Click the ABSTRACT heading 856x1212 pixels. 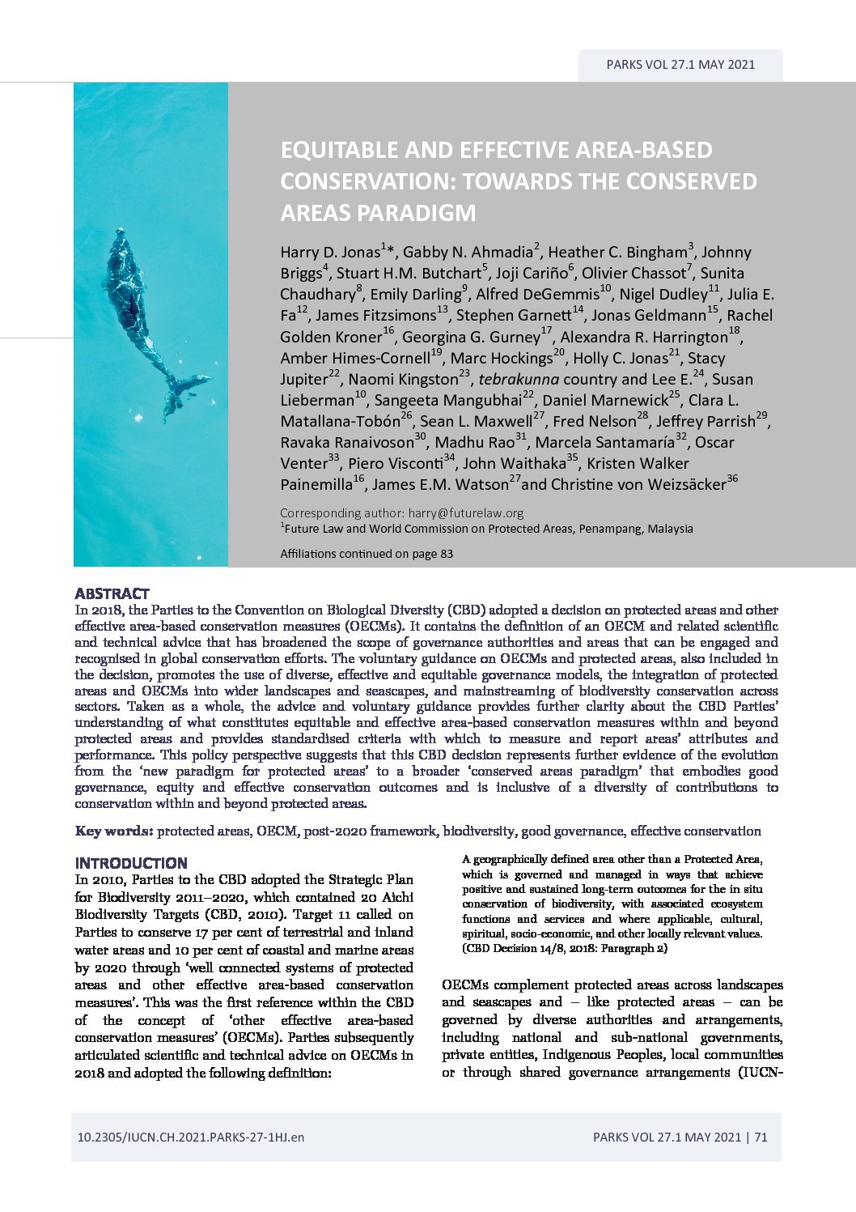coord(112,593)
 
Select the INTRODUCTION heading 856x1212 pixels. coord(131,863)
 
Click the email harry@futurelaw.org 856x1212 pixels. coord(465,512)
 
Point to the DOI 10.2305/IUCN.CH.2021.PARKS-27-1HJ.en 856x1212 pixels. coord(191,1137)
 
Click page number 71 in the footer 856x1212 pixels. coord(761,1137)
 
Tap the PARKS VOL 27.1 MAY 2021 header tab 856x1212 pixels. coord(680,65)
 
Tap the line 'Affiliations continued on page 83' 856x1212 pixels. coord(367,554)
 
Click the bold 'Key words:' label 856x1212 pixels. coord(113,831)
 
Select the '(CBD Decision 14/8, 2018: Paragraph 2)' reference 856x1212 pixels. coord(565,948)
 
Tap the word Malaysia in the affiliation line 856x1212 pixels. coord(667,529)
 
